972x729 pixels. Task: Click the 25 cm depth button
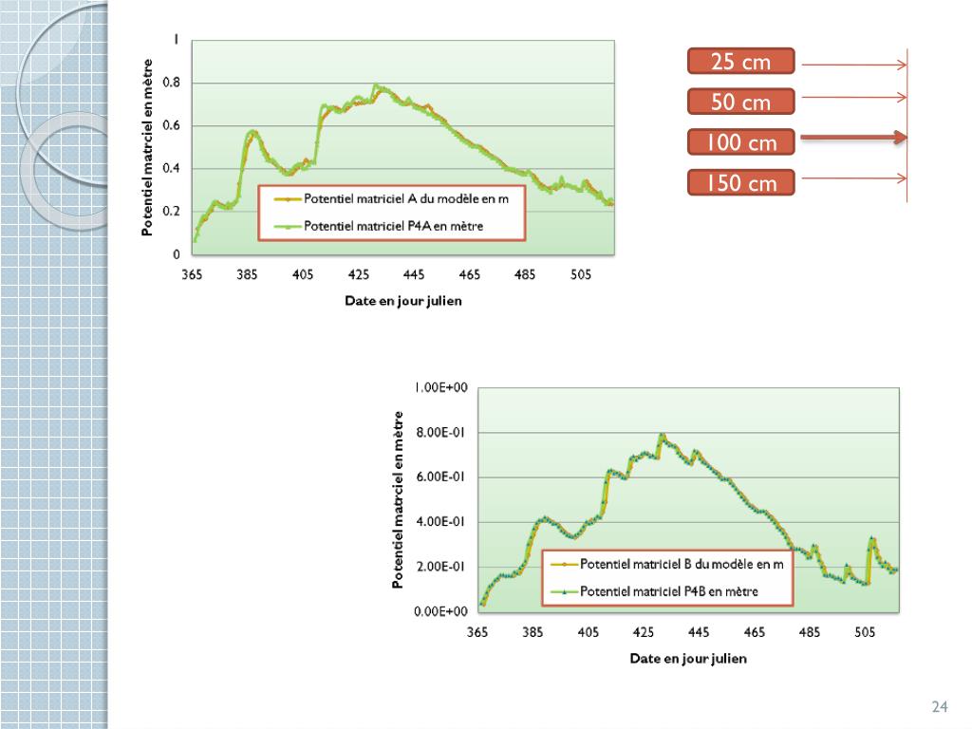740,63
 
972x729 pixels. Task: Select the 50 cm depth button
740,103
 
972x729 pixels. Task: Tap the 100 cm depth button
740,142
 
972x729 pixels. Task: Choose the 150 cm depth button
740,183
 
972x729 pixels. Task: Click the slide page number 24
940,706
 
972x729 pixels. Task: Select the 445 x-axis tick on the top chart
414,274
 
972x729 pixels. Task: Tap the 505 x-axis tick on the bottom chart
865,631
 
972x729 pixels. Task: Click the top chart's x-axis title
403,301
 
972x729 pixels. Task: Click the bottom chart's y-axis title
399,500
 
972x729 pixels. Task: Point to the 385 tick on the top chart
248,274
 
